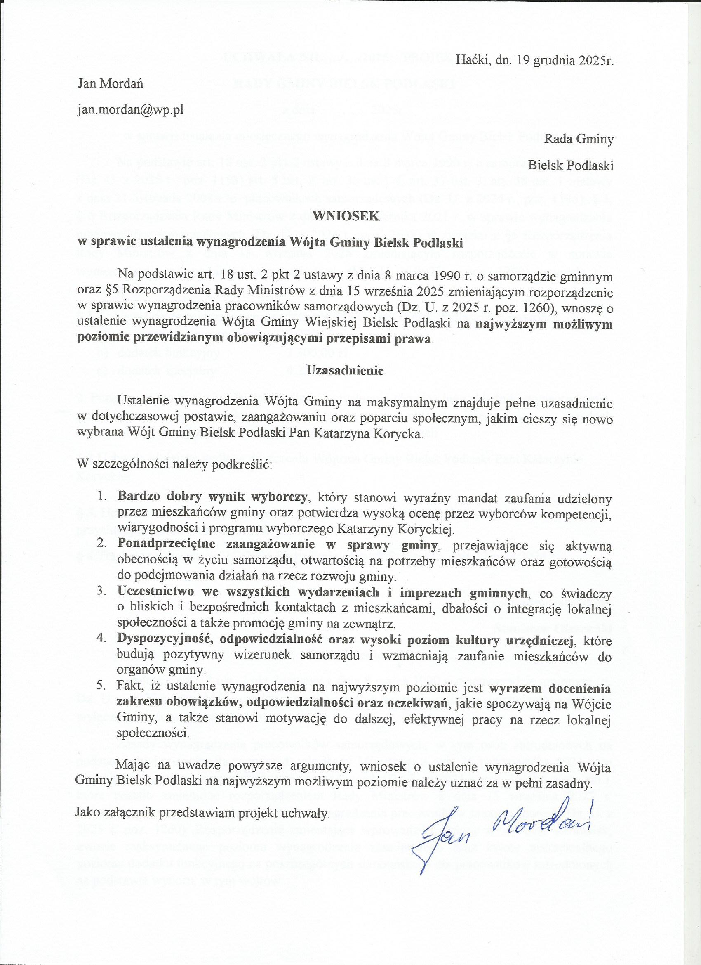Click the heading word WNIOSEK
click(x=345, y=216)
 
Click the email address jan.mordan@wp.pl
click(x=130, y=109)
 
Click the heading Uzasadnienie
click(x=345, y=370)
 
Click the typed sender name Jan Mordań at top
click(x=111, y=83)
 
